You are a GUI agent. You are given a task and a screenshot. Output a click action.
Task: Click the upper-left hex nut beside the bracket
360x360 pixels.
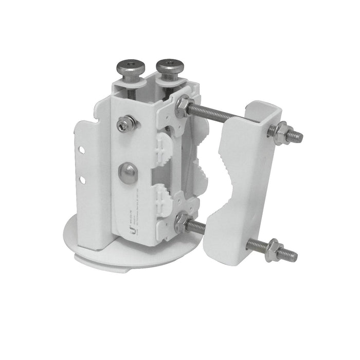(182, 106)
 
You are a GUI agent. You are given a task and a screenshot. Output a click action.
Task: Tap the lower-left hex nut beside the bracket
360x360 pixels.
(181, 222)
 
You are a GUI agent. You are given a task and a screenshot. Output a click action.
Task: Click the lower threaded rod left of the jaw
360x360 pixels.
(197, 228)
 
